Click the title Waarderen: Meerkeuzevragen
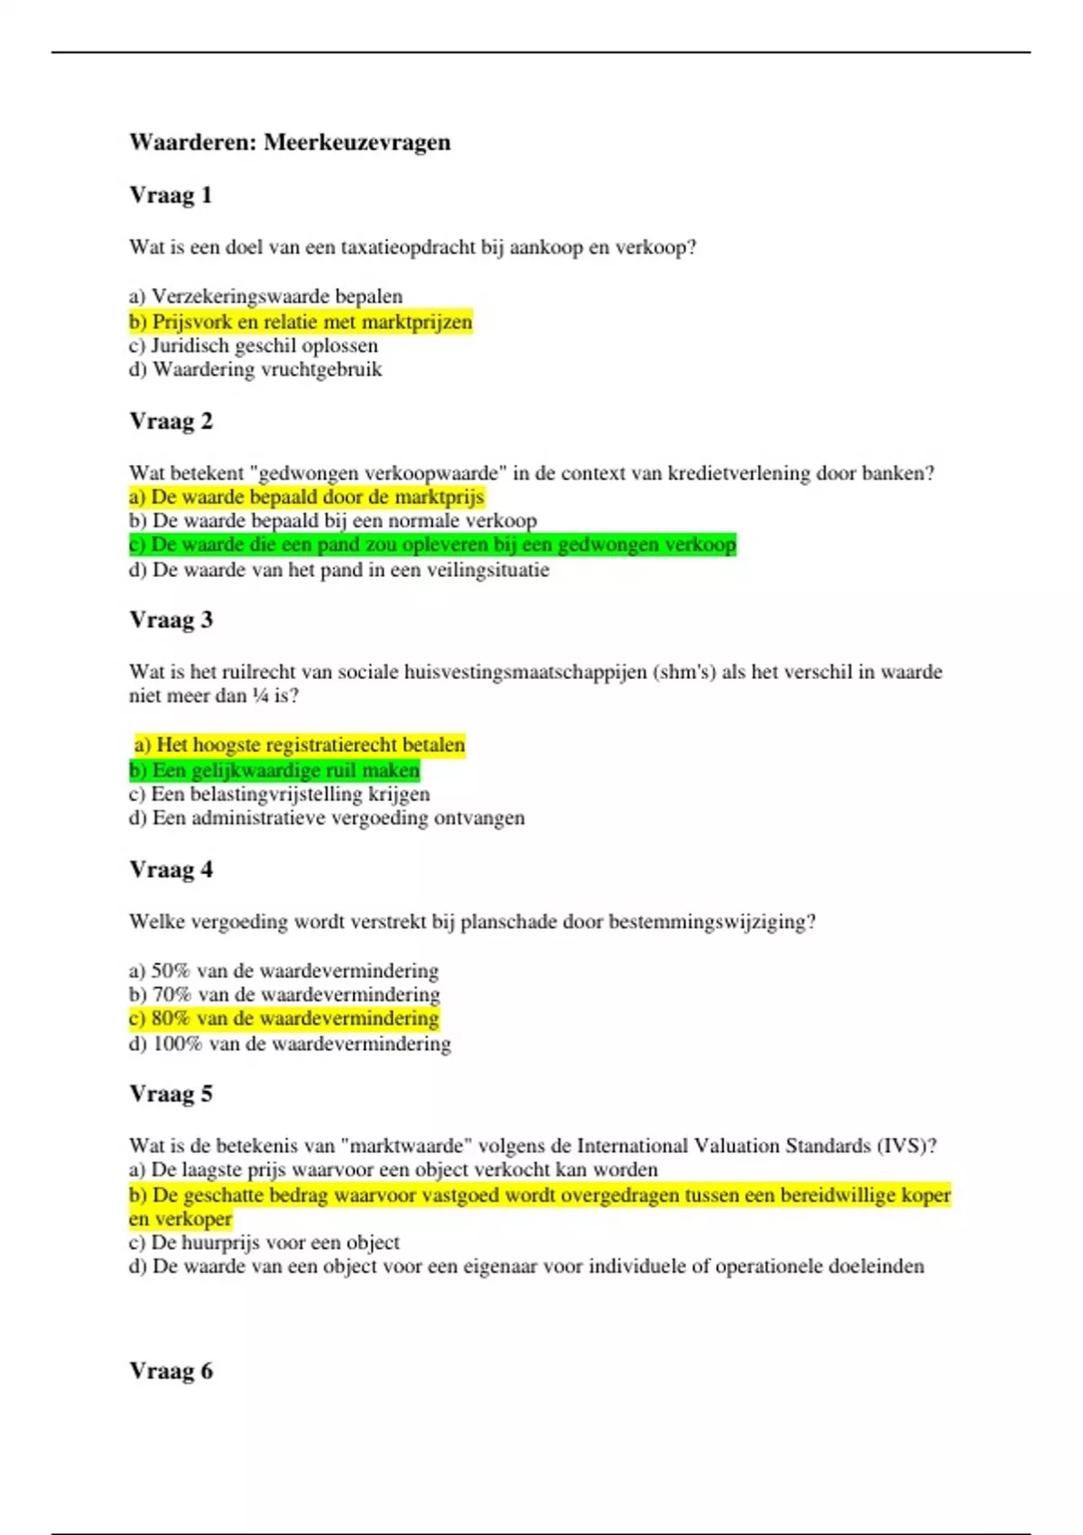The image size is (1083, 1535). (290, 143)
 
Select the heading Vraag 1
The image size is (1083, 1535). (171, 195)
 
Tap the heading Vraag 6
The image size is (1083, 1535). (171, 1371)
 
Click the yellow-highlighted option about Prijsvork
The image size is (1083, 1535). (301, 322)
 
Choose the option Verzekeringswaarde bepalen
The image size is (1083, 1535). (265, 297)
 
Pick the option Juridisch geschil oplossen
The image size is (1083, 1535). (254, 346)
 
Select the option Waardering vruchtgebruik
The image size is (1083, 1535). (255, 369)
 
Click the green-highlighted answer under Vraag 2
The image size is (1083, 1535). (432, 544)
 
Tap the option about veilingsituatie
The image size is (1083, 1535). (338, 570)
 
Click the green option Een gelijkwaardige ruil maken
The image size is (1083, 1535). (274, 770)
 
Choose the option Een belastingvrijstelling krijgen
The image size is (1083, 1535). (279, 795)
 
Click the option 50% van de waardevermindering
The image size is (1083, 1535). (283, 971)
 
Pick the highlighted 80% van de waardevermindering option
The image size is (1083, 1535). (283, 1019)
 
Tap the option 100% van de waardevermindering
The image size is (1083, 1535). (290, 1044)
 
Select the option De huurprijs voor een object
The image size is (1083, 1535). (264, 1242)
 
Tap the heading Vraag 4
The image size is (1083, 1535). (171, 870)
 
